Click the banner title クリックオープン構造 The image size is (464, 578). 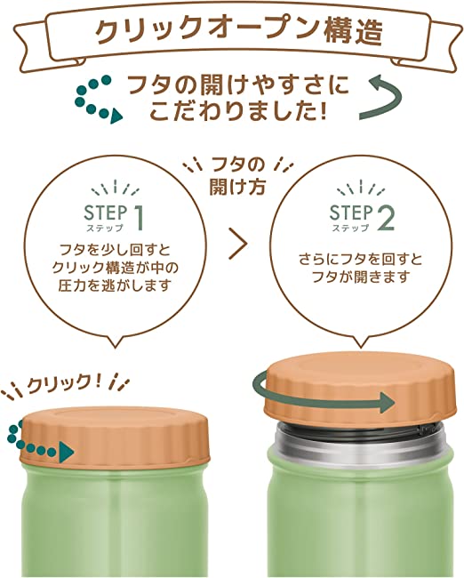232,32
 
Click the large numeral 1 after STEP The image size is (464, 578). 140,216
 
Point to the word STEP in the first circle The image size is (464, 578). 105,213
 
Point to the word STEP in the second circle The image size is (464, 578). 350,213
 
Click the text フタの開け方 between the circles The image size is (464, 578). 233,174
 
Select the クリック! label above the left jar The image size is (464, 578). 66,383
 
